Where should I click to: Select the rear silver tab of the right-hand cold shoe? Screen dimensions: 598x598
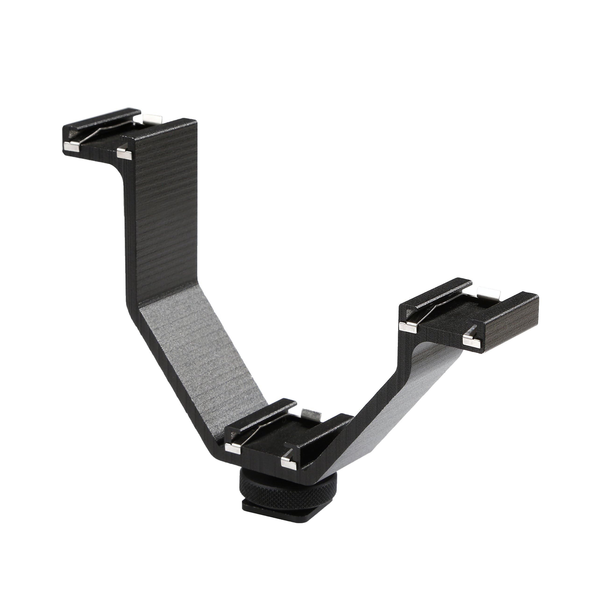pyautogui.click(x=488, y=291)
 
